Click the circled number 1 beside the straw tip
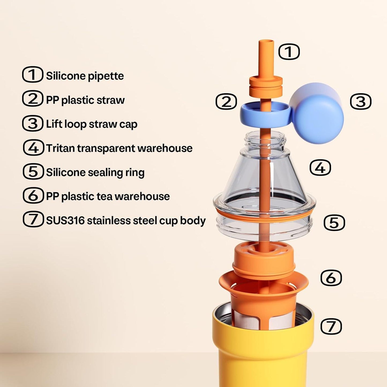click(289, 52)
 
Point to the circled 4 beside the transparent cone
click(320, 167)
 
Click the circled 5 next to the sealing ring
click(335, 222)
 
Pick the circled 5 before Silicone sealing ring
click(33, 172)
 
